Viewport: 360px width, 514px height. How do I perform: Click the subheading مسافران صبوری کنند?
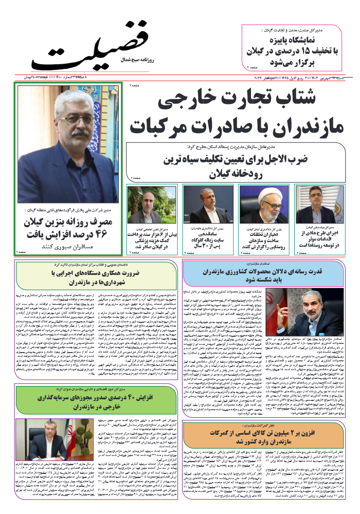click(70, 247)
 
